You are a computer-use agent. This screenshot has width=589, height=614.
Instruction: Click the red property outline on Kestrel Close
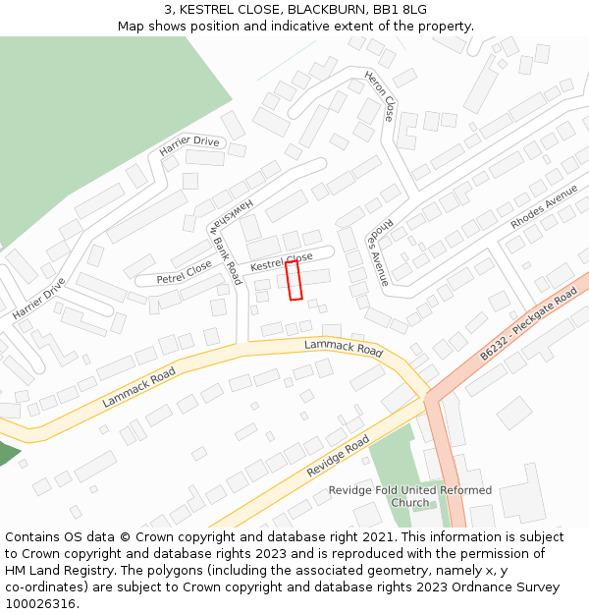point(294,280)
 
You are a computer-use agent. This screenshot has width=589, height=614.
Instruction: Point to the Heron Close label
point(380,95)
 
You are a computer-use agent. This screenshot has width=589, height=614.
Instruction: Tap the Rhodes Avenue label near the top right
point(544,207)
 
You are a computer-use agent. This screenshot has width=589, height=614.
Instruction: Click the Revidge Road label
point(338,456)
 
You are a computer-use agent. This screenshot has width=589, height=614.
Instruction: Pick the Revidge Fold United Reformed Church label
point(410,496)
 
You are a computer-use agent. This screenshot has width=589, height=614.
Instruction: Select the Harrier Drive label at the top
point(189,146)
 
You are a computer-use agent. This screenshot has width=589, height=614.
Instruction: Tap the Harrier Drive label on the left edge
point(38,298)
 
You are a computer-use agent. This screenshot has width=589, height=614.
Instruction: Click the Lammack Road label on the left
point(138,387)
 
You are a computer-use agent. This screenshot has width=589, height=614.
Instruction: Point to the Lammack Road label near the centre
point(343,348)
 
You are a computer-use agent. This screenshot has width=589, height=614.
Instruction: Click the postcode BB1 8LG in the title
point(400,9)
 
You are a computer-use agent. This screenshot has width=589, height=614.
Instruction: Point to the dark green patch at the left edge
point(7,453)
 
